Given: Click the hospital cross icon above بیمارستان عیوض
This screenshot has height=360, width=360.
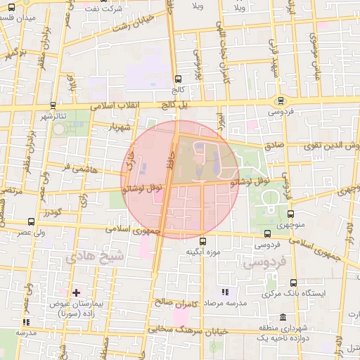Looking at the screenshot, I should click(x=76, y=292).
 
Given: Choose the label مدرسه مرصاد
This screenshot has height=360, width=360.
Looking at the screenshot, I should click(x=224, y=302).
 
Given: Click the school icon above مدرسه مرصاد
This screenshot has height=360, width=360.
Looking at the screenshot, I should click(x=224, y=292).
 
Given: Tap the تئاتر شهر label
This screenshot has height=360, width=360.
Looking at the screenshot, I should click(x=53, y=115).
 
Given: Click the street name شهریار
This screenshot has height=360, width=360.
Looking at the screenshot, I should click(x=122, y=128).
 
